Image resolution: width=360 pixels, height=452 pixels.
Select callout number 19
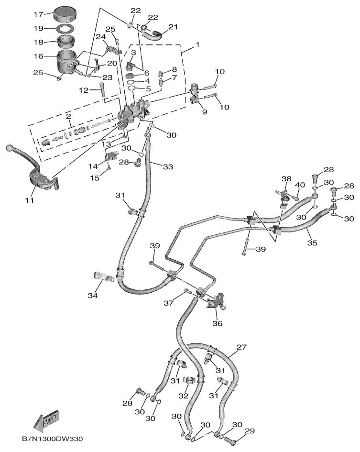pos(38,28)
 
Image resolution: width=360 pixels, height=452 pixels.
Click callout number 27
pos(241,347)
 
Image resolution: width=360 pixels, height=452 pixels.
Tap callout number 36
pos(217,323)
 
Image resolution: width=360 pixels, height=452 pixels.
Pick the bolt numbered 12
pos(102,92)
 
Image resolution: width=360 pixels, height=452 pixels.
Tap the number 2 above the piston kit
pos(68,116)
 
